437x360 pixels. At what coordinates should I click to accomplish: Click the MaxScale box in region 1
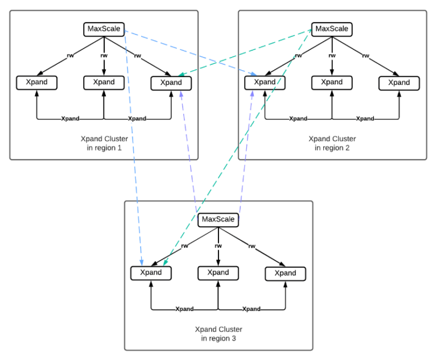point(104,29)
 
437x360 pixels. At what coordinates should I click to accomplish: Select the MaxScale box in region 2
point(332,29)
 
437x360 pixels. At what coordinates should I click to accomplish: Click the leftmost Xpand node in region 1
point(36,83)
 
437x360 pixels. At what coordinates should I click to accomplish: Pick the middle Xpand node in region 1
point(104,83)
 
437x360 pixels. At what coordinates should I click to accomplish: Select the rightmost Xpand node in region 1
point(171,83)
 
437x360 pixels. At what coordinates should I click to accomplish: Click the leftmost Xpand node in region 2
point(265,83)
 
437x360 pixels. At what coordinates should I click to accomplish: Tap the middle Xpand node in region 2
point(332,83)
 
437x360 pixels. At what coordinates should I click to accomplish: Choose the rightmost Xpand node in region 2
point(399,83)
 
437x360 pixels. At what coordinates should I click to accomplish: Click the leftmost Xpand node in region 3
point(151,273)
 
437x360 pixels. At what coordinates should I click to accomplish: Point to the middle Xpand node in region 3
point(218,273)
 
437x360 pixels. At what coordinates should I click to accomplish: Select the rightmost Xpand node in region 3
point(285,273)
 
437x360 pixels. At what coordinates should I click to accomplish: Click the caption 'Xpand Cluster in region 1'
point(104,144)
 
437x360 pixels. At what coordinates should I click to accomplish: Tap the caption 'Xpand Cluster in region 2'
point(332,144)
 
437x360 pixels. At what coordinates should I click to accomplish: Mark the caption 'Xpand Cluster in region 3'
point(218,334)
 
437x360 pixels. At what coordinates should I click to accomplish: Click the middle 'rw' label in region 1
point(104,56)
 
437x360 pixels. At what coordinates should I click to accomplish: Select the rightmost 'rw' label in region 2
point(365,56)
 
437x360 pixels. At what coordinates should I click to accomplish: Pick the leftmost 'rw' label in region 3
point(184,246)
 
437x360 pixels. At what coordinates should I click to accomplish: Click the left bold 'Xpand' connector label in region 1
point(70,119)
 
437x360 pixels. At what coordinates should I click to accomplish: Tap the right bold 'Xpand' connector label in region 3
point(252,309)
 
